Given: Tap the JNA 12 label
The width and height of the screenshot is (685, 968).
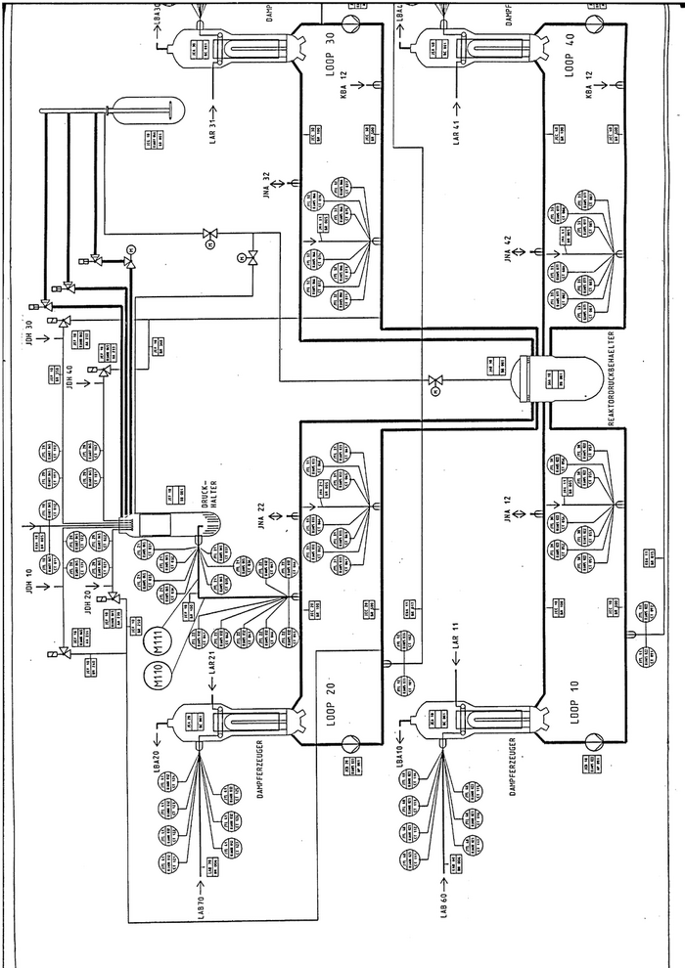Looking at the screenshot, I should coord(508,512).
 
